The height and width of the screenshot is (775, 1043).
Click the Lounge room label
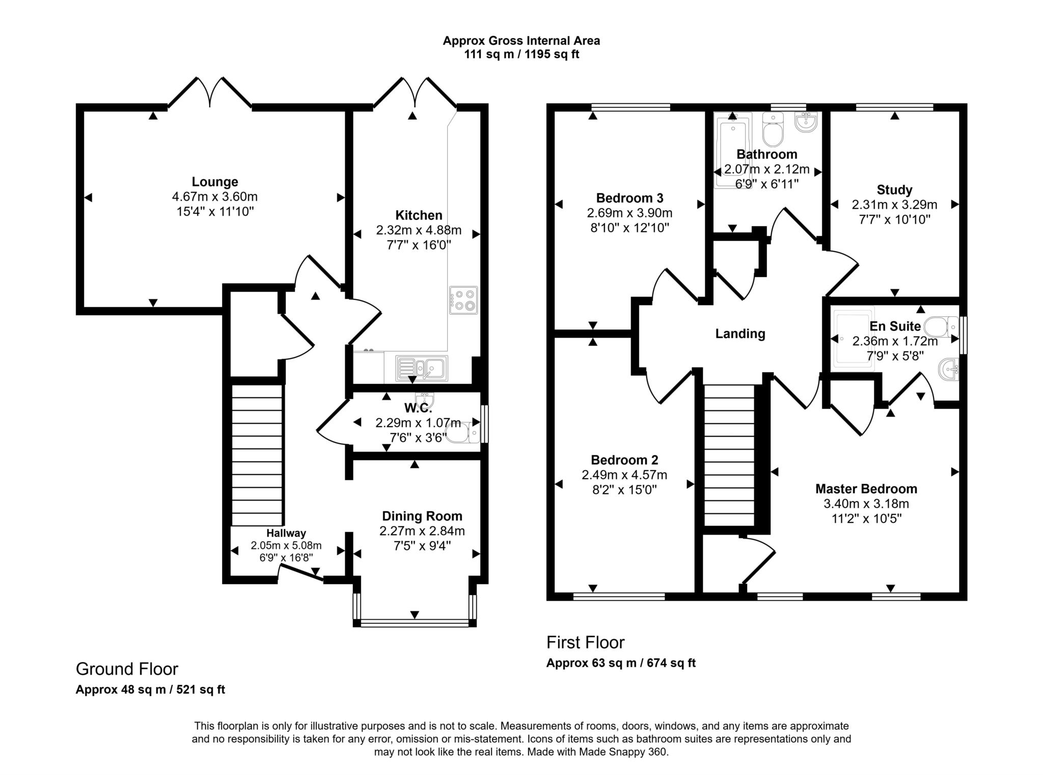214,182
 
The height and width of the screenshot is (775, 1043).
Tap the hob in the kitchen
463,300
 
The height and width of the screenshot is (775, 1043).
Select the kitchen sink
421,368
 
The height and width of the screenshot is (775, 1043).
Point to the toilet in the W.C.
461,434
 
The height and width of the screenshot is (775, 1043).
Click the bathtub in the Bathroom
733,153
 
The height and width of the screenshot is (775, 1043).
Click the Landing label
740,334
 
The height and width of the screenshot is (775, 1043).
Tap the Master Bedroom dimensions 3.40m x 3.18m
866,504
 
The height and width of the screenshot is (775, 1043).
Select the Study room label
894,190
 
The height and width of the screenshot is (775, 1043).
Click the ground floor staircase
257,455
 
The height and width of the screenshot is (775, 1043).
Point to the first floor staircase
729,455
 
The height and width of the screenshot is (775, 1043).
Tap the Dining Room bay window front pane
415,622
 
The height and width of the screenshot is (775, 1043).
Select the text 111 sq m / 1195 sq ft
521,54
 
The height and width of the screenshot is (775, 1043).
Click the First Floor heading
585,643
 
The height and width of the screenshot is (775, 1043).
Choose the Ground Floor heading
127,669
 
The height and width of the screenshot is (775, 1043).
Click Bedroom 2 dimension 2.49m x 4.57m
624,475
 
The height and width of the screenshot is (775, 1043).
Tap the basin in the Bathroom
805,122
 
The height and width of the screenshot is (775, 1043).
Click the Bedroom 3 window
630,107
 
